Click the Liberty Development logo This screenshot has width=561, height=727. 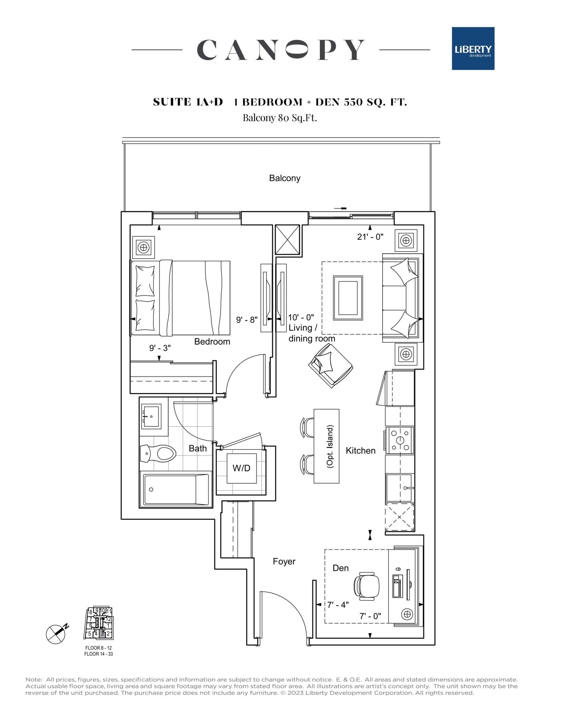click(x=473, y=49)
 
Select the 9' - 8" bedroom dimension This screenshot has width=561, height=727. click(x=246, y=319)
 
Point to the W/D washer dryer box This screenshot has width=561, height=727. click(x=241, y=468)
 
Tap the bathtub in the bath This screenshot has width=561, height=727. click(x=176, y=489)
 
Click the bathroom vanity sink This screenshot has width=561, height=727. click(x=151, y=416)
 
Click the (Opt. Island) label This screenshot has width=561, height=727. click(x=330, y=447)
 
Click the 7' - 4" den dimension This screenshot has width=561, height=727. click(x=338, y=605)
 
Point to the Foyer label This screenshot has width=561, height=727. click(x=284, y=561)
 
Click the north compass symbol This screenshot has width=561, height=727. click(x=56, y=634)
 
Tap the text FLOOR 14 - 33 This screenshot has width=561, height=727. click(x=98, y=654)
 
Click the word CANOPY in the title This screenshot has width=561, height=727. click(x=280, y=50)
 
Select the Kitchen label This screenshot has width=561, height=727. click(x=360, y=451)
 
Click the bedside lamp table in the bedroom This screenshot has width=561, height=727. click(x=144, y=247)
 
